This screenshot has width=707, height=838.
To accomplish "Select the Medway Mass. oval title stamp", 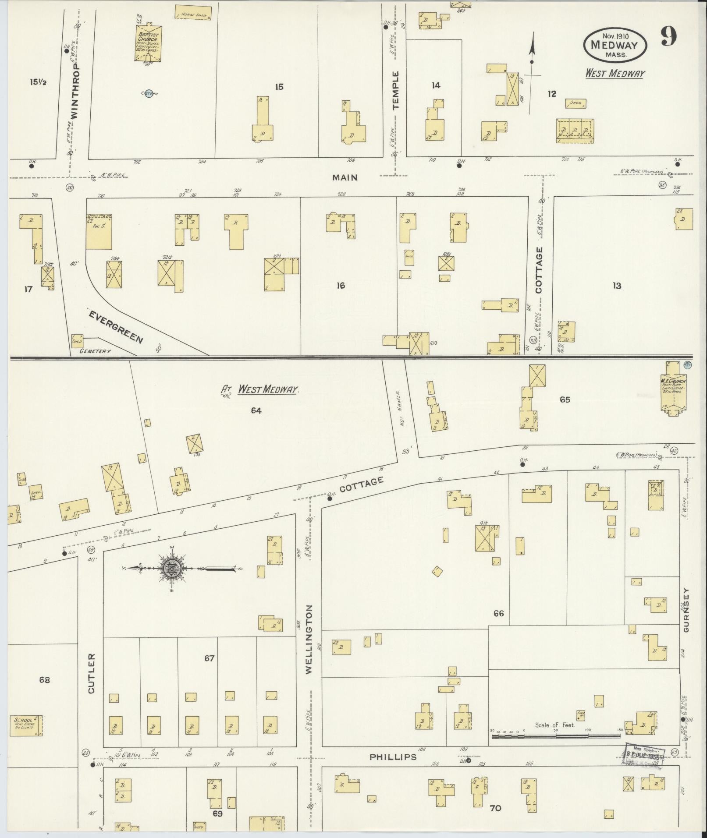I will [x=615, y=44].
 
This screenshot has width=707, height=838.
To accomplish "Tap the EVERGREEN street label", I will [x=116, y=327].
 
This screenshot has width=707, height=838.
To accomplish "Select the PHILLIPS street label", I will [x=393, y=757].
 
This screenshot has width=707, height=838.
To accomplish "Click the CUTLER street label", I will [x=91, y=679].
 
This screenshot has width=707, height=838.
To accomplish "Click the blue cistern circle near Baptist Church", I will [x=149, y=93].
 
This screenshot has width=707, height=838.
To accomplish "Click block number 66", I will [x=498, y=613].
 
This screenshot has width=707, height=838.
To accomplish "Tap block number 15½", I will [x=38, y=81].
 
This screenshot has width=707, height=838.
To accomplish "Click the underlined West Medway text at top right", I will [x=615, y=73].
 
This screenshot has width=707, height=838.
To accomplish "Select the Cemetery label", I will [x=95, y=351].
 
